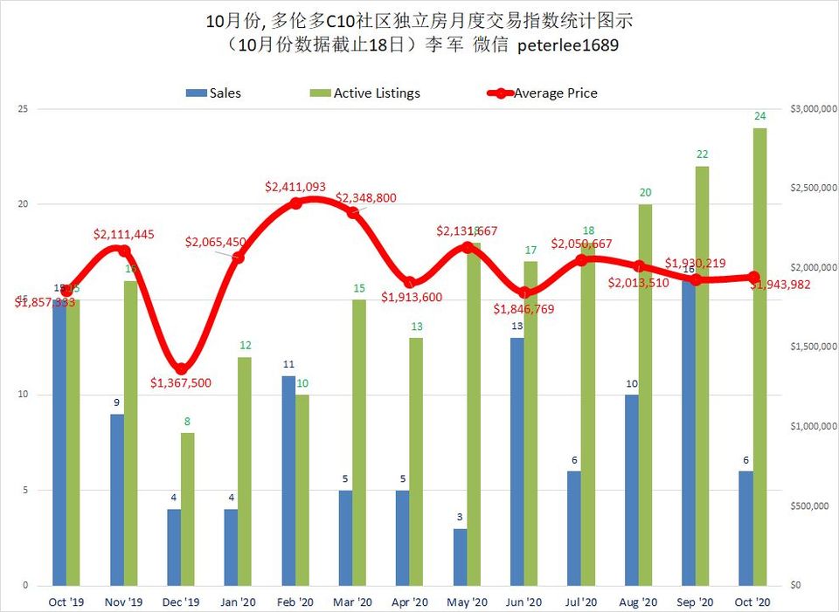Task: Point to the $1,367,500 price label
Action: (181, 382)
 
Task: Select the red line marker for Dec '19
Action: (181, 368)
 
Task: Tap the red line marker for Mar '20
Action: (353, 212)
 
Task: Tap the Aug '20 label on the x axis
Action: (638, 602)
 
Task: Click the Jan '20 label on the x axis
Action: (239, 602)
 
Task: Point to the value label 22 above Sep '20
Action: (703, 154)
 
